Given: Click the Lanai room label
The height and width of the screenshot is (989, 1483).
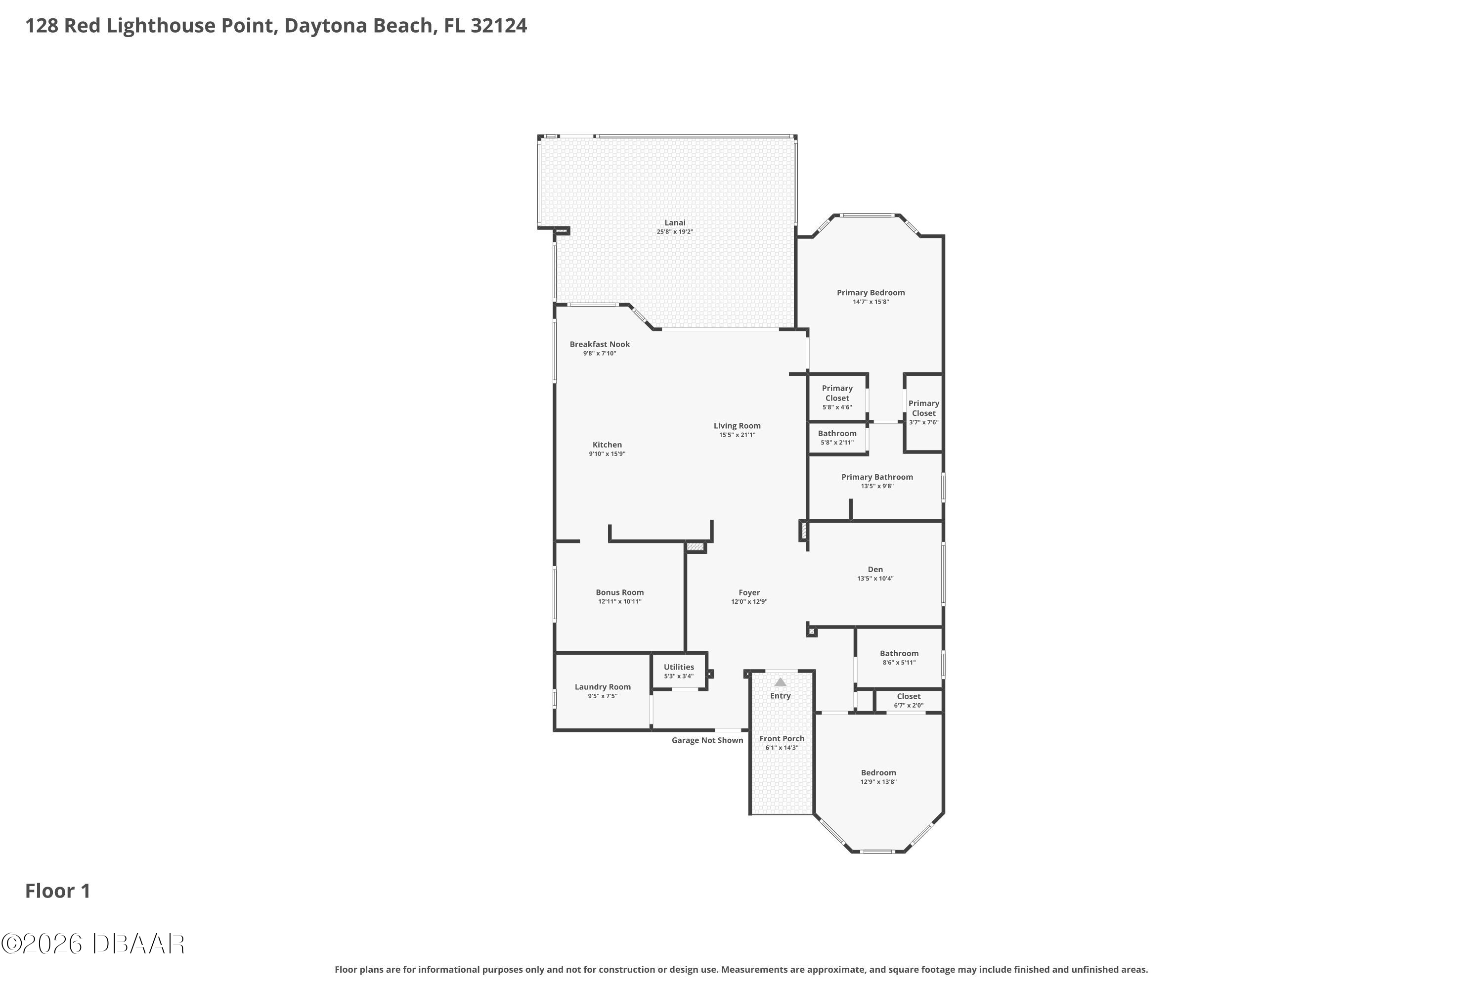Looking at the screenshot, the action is pyautogui.click(x=675, y=223).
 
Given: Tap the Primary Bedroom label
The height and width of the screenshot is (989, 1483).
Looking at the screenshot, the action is pyautogui.click(x=871, y=293).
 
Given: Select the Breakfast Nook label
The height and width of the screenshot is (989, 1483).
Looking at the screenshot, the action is pyautogui.click(x=600, y=344).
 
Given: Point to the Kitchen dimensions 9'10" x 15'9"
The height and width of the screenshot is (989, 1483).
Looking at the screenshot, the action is pyautogui.click(x=607, y=454).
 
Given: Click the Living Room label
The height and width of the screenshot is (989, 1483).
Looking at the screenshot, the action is pyautogui.click(x=737, y=426).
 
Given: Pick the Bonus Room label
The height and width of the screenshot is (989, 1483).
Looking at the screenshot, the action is pyautogui.click(x=620, y=592).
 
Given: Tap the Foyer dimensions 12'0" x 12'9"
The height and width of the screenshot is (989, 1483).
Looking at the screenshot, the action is pyautogui.click(x=749, y=602).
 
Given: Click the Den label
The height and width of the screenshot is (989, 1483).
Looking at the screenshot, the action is pyautogui.click(x=875, y=570).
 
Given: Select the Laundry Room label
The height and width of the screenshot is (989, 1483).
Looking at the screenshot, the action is pyautogui.click(x=603, y=687).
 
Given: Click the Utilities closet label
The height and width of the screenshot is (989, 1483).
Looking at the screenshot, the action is pyautogui.click(x=678, y=667).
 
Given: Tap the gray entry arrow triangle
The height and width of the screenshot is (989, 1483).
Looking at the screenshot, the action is pyautogui.click(x=781, y=682).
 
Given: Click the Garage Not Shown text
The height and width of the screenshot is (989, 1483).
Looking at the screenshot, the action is pyautogui.click(x=707, y=740).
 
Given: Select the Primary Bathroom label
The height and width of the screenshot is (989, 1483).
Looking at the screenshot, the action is pyautogui.click(x=877, y=477).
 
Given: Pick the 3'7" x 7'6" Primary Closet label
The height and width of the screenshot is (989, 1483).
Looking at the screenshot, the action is pyautogui.click(x=924, y=412).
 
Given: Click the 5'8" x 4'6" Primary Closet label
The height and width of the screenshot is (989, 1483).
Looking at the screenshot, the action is pyautogui.click(x=837, y=398).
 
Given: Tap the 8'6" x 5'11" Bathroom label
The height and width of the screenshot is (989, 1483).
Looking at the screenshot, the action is pyautogui.click(x=899, y=658).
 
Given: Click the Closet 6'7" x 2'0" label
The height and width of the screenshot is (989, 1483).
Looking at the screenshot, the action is pyautogui.click(x=909, y=701).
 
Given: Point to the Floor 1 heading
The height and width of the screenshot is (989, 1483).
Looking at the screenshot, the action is pyautogui.click(x=58, y=891).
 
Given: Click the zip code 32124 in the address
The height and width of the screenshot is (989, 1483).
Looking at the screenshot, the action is pyautogui.click(x=499, y=26).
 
